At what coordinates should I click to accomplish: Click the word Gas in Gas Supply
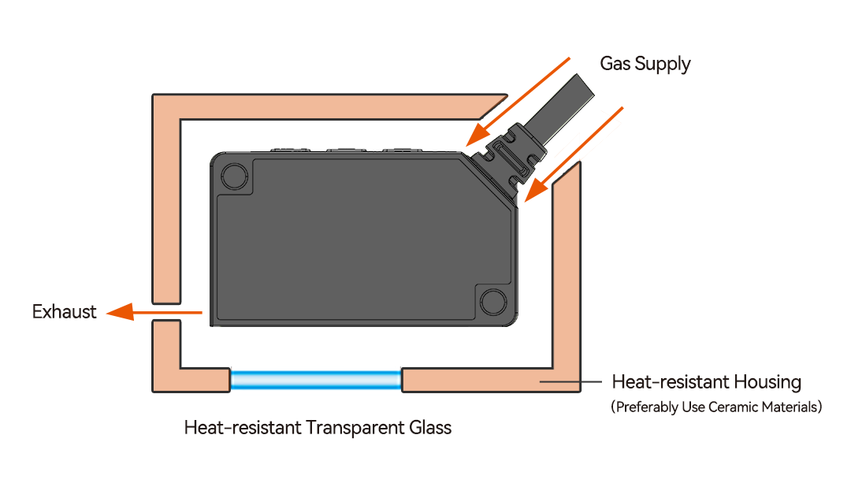[615, 64]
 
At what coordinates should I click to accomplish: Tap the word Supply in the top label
[663, 65]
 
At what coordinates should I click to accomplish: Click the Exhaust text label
[64, 312]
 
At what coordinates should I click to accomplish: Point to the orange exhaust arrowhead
[120, 312]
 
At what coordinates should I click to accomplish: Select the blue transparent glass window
[316, 380]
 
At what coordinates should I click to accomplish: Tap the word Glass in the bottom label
[430, 428]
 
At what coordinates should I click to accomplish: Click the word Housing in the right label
[767, 382]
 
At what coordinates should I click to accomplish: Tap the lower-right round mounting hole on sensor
[493, 301]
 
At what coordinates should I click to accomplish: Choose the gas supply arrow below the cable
[574, 155]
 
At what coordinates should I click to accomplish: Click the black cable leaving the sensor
[558, 110]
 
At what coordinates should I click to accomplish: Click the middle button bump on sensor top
[346, 151]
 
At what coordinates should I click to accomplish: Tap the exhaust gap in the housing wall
[166, 312]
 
